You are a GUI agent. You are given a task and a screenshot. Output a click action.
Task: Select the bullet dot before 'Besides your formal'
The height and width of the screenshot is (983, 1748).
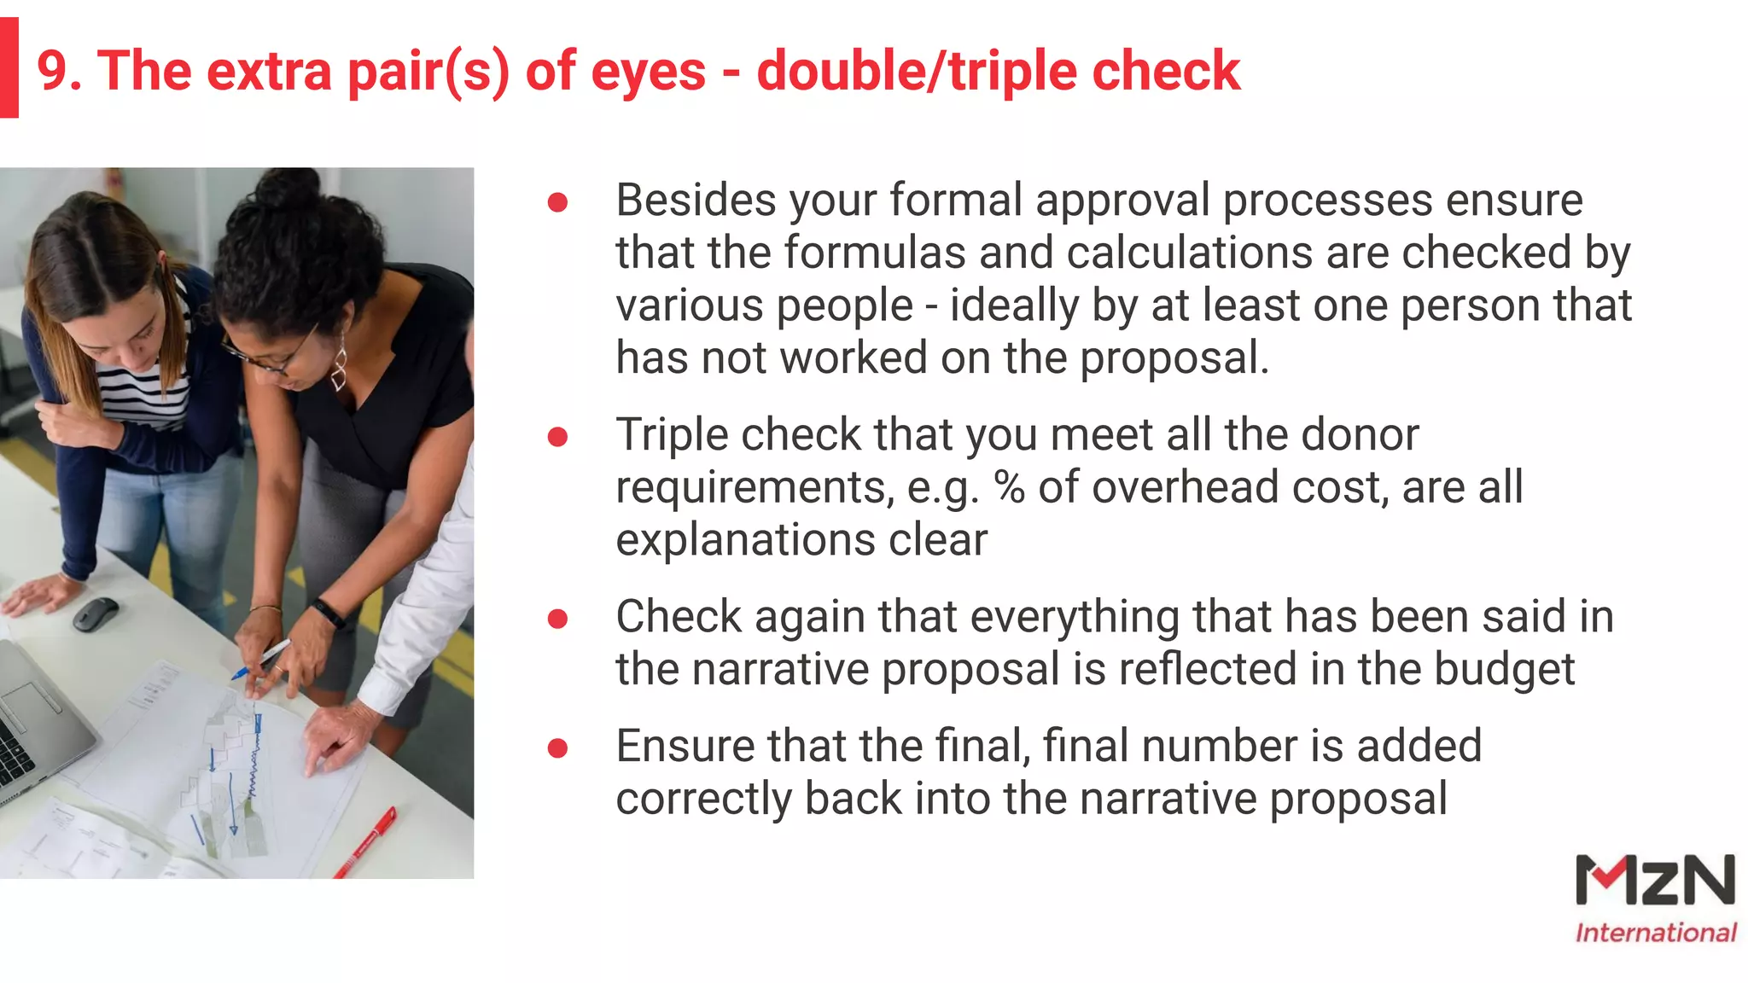[557, 202]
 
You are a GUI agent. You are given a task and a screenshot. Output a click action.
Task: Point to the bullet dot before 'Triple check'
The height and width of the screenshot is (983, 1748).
[557, 437]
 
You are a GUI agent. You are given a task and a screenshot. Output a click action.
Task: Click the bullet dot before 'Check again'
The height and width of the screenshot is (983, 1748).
[557, 619]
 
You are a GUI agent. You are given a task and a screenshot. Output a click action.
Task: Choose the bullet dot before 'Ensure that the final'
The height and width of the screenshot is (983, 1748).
[557, 748]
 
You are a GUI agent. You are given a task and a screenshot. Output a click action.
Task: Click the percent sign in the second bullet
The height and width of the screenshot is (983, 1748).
[1009, 488]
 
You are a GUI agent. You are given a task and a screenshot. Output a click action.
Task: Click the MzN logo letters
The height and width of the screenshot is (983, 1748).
[1654, 881]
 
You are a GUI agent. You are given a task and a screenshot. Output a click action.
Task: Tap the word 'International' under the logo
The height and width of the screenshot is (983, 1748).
[1655, 933]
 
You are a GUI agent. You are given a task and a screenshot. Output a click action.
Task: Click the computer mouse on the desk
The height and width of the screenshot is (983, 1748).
[95, 614]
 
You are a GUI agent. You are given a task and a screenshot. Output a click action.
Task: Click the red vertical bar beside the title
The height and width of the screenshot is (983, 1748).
[9, 68]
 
